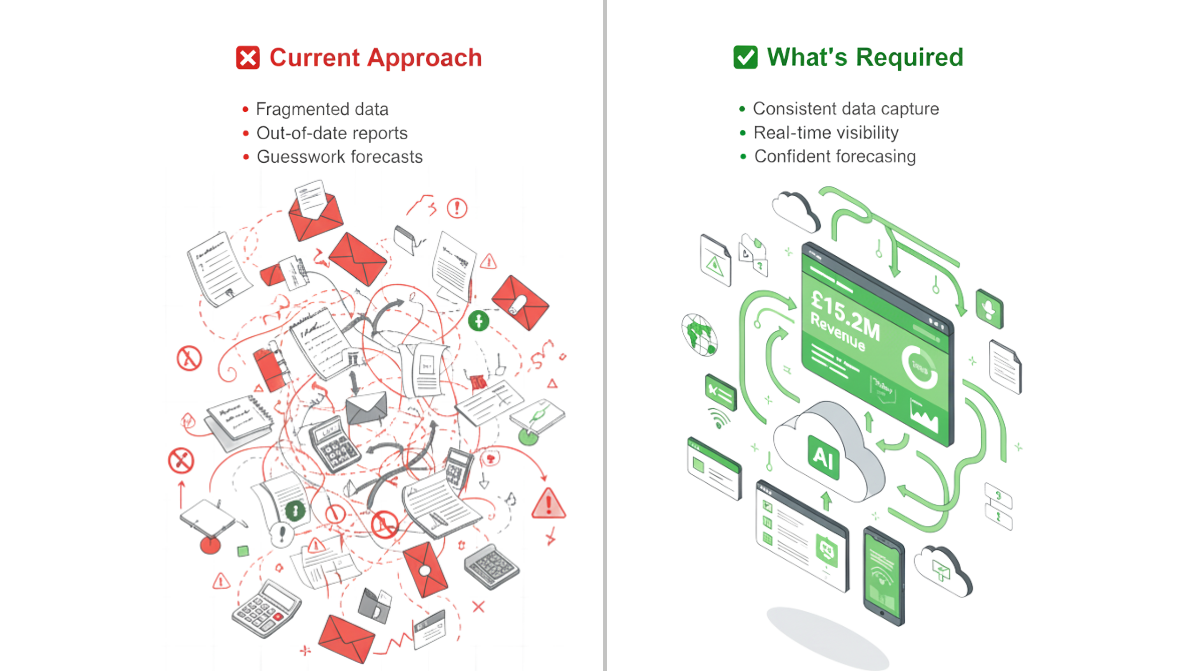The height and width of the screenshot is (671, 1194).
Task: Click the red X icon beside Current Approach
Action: click(x=248, y=58)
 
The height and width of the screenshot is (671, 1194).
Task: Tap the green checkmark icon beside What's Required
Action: click(x=745, y=58)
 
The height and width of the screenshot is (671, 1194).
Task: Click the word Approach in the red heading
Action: click(x=424, y=58)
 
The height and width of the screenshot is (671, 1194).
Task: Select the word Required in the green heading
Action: click(x=909, y=57)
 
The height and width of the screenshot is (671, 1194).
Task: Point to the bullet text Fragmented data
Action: click(x=322, y=109)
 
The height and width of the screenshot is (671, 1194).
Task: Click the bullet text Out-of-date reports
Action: click(x=332, y=133)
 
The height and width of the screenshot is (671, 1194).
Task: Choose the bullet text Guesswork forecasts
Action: click(x=340, y=157)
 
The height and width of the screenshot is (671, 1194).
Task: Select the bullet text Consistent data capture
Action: click(x=846, y=109)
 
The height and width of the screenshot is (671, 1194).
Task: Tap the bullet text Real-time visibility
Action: click(x=826, y=133)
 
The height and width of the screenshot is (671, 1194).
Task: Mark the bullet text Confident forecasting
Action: click(x=835, y=156)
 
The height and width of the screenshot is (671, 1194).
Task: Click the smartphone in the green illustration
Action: click(x=883, y=576)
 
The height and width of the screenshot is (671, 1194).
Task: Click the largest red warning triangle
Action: click(x=548, y=504)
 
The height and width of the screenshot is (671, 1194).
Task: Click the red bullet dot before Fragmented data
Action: click(x=245, y=110)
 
